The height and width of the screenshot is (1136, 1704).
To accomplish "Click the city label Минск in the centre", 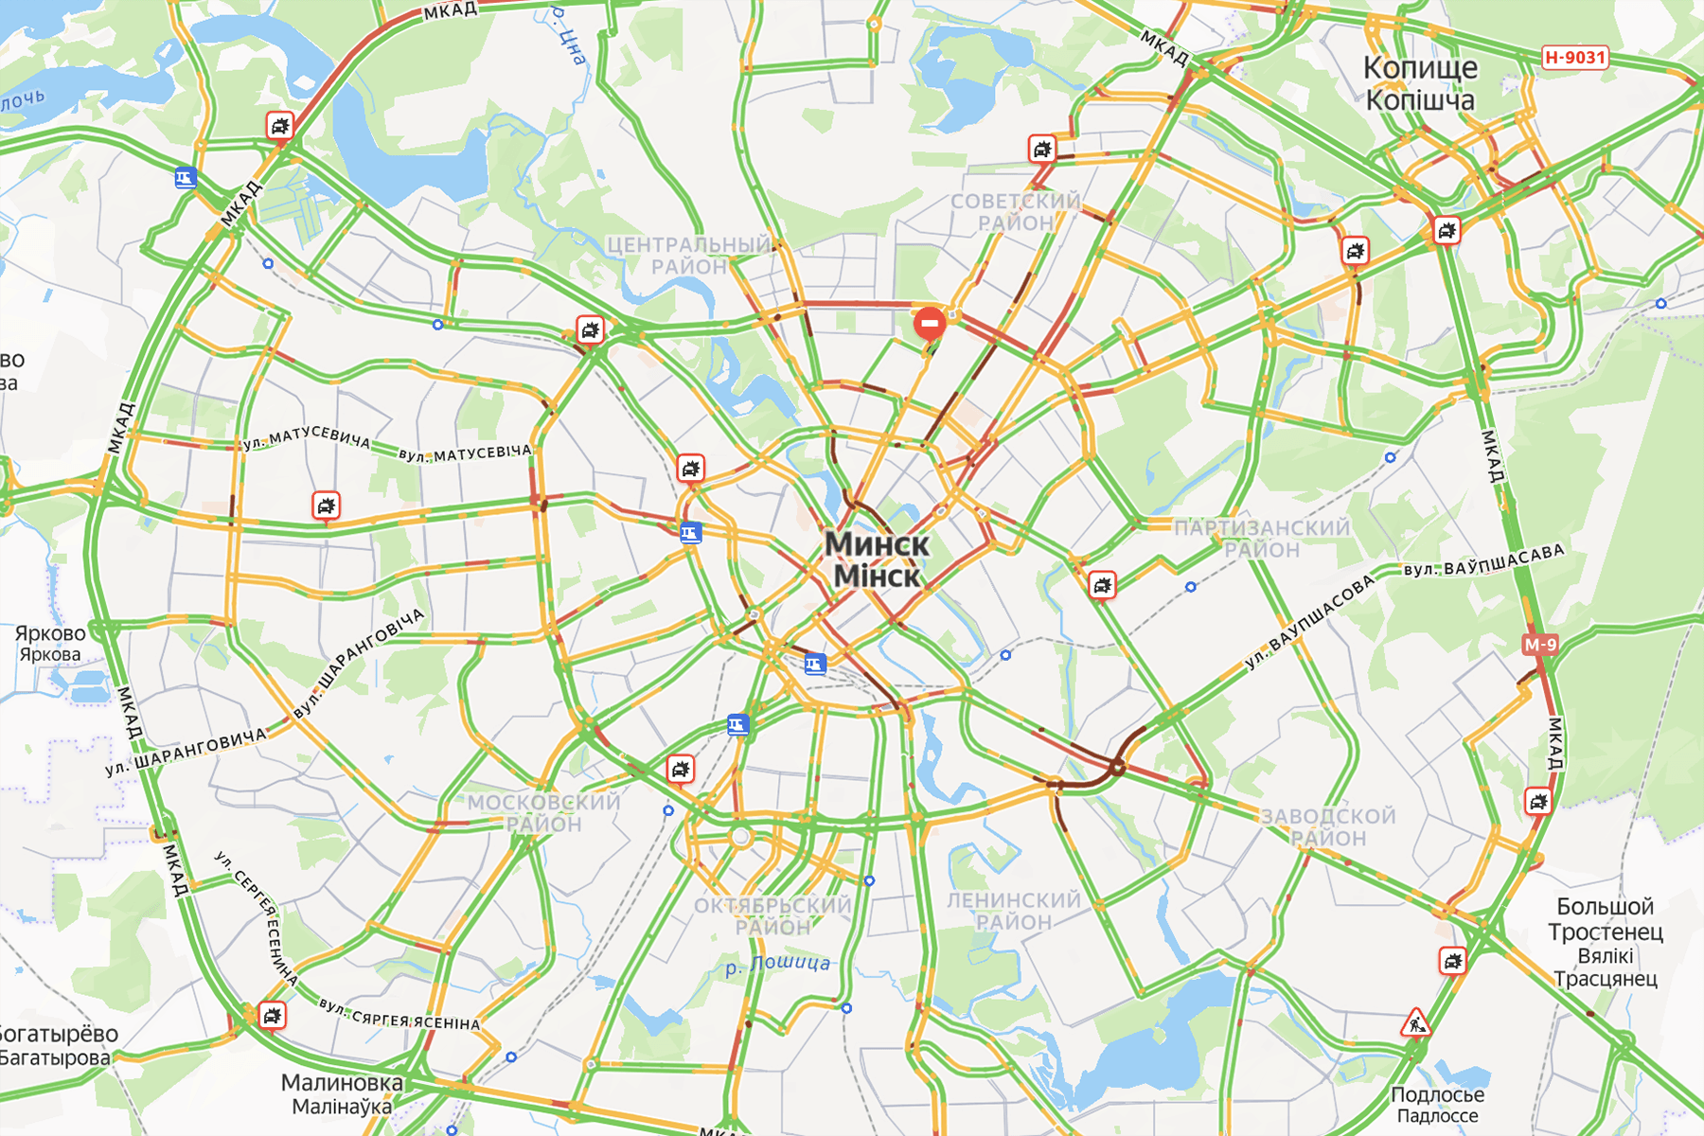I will [x=877, y=545].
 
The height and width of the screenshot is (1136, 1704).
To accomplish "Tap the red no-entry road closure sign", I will [x=930, y=323].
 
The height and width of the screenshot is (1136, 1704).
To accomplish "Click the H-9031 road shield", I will [x=1575, y=58].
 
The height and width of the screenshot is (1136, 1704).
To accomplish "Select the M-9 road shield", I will [x=1539, y=645].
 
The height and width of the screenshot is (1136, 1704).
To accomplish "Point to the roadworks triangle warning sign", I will [x=1416, y=1023].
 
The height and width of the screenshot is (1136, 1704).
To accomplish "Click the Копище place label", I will [x=1420, y=68].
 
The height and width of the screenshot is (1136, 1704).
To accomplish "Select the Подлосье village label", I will [x=1437, y=1095].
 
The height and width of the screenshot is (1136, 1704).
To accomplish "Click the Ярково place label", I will [x=50, y=633].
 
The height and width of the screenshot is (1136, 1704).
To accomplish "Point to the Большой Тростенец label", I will [x=1606, y=919].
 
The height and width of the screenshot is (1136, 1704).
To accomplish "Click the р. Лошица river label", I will [x=777, y=965].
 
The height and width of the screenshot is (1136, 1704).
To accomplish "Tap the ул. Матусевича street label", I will [x=307, y=437].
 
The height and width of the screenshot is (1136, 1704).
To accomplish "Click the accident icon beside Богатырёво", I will [x=273, y=1016].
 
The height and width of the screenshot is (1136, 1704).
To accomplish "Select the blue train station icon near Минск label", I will [x=815, y=664].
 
